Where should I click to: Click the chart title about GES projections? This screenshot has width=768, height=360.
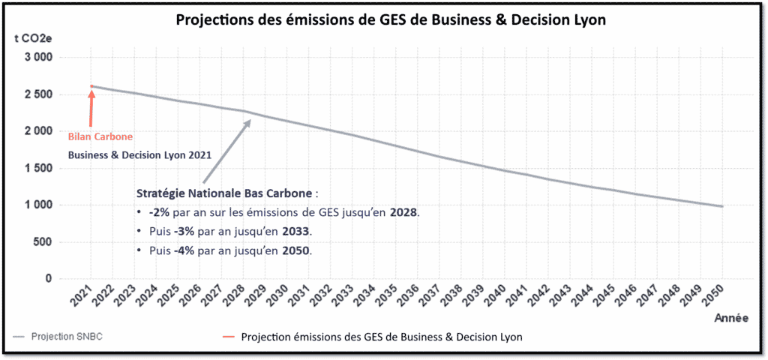pos(390,20)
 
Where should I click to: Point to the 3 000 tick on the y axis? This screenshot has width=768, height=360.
pos(37,58)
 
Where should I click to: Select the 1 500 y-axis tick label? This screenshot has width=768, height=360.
pos(37,169)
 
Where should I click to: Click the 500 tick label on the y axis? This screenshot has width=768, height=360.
pos(43,242)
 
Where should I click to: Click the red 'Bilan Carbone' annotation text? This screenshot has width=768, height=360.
pos(100,137)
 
